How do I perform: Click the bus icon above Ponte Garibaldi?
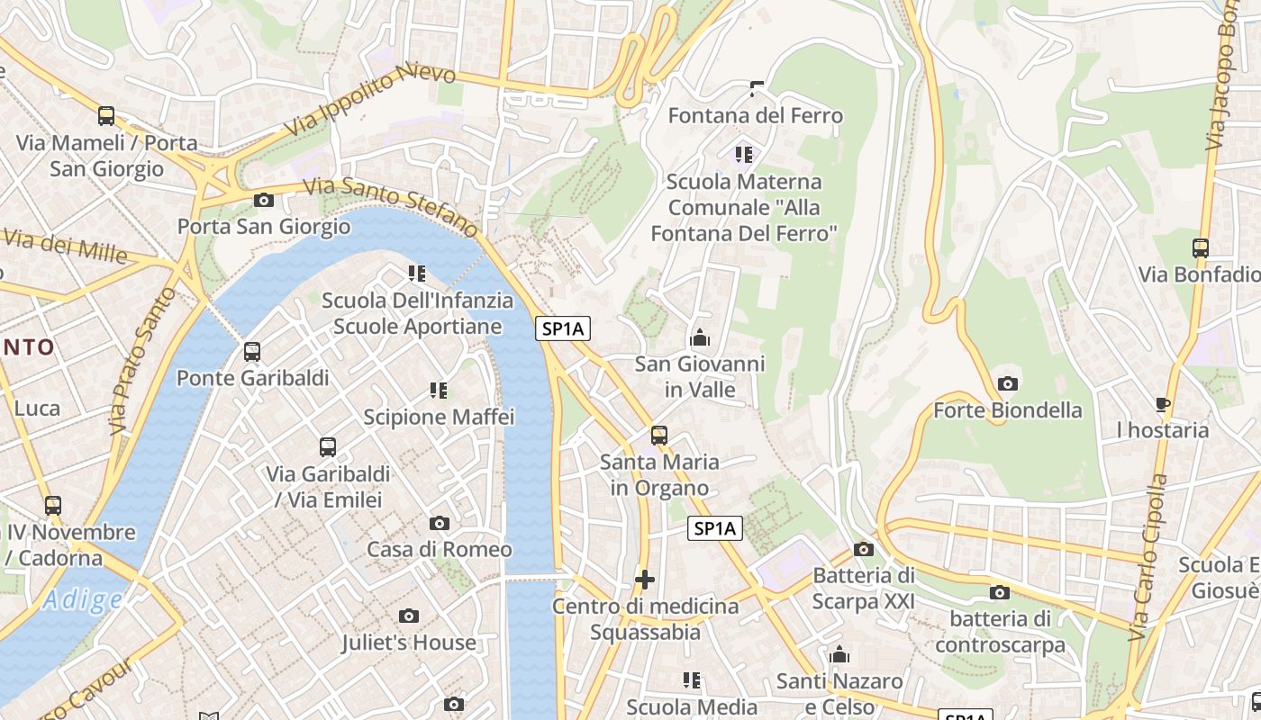point(252,352)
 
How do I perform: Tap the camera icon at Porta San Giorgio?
point(264,200)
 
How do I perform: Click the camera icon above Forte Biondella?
point(1008,384)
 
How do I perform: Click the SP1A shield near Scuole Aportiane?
point(563,329)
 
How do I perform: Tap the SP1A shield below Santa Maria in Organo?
point(715,528)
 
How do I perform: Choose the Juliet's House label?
point(408,643)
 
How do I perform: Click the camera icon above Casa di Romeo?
point(440,523)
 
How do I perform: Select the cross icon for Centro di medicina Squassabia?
point(645,580)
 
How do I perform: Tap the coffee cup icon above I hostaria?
point(1163,404)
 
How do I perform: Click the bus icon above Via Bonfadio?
point(1201,248)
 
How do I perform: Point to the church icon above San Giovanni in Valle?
point(700,338)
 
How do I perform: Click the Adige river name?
point(83,599)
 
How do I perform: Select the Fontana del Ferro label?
point(755,115)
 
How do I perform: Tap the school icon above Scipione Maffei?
point(439,391)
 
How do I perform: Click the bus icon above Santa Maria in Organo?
point(659,436)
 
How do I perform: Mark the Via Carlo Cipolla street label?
point(1148,558)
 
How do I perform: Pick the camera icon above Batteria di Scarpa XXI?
point(863,549)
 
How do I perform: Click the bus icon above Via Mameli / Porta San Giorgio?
point(106,116)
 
